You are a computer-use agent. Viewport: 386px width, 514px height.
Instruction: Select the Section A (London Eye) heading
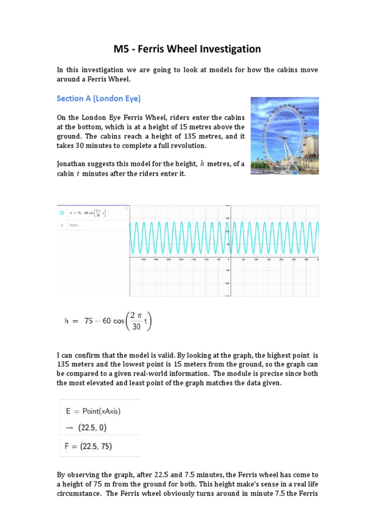99,98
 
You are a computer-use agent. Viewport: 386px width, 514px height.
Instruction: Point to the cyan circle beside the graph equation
62,213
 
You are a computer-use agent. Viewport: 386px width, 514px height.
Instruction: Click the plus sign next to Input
62,225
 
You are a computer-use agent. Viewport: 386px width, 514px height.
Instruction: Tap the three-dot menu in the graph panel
126,208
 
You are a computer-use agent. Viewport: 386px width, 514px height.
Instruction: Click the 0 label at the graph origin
229,260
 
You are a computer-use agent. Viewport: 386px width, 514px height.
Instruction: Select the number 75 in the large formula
89,321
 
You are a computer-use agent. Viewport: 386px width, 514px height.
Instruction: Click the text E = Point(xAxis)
93,411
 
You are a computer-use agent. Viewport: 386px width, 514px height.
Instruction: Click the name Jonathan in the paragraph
74,164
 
